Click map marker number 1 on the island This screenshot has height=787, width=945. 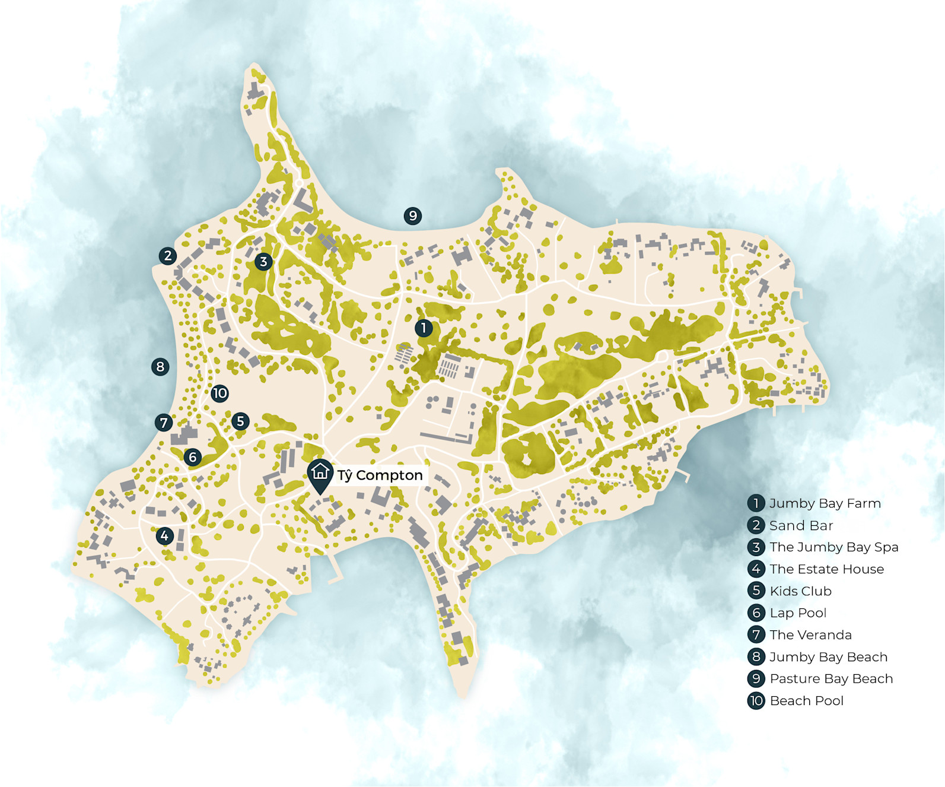[424, 328]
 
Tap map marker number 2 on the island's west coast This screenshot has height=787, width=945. [168, 256]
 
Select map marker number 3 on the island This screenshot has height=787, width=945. [263, 261]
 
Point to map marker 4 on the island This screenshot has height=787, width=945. [164, 536]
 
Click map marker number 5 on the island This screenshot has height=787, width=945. [240, 421]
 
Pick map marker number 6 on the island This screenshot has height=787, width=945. [192, 457]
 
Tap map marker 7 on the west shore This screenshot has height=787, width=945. [164, 423]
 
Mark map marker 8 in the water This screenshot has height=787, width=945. [160, 367]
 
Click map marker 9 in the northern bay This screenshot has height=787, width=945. [413, 215]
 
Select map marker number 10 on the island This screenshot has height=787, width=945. [219, 393]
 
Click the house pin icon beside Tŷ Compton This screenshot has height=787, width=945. [320, 474]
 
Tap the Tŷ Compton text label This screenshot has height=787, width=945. [380, 475]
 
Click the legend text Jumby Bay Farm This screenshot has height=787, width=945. [825, 503]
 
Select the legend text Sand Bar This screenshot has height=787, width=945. [801, 525]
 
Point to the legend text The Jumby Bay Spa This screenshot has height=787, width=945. [833, 547]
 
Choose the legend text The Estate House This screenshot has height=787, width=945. [826, 569]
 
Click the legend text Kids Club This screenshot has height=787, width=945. [800, 591]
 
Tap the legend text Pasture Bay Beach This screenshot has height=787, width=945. [831, 679]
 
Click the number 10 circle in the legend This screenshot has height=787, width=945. [756, 701]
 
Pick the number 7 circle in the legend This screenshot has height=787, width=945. [756, 635]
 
